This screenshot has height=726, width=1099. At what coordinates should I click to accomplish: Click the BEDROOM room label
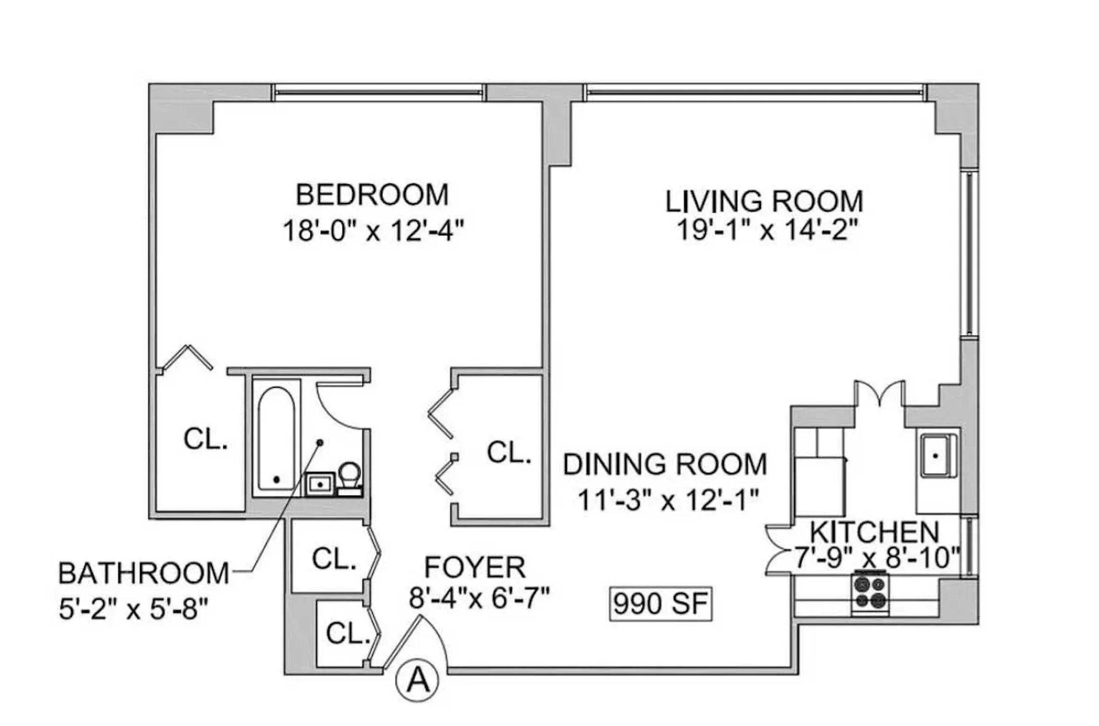pyautogui.click(x=372, y=195)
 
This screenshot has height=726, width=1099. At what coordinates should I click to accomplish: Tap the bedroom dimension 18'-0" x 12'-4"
pyautogui.click(x=373, y=230)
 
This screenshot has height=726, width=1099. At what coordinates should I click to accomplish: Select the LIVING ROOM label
pyautogui.click(x=764, y=202)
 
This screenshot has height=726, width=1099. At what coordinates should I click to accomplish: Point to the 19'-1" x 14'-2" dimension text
pyautogui.click(x=767, y=230)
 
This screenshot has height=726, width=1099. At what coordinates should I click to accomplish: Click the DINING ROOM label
pyautogui.click(x=665, y=464)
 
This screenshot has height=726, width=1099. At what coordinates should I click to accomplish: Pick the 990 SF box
pyautogui.click(x=661, y=604)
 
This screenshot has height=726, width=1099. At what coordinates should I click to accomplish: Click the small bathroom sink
pyautogui.click(x=320, y=484)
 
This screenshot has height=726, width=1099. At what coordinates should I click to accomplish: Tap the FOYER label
pyautogui.click(x=475, y=567)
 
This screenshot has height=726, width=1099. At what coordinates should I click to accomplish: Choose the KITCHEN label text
pyautogui.click(x=874, y=532)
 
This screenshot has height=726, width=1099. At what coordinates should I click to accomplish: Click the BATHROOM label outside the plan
pyautogui.click(x=143, y=573)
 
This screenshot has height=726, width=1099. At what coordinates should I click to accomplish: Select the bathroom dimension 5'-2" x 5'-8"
pyautogui.click(x=133, y=609)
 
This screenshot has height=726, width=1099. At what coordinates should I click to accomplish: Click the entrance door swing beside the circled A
pyautogui.click(x=419, y=641)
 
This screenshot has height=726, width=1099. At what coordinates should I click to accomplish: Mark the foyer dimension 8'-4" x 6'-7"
pyautogui.click(x=479, y=598)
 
